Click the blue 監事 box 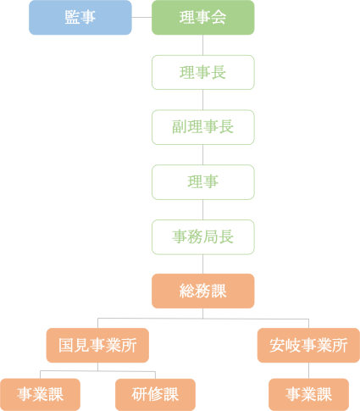click(80, 18)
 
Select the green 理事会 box click(203, 18)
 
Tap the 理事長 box click(203, 73)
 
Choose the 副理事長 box click(203, 127)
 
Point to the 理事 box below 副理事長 click(203, 182)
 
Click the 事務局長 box click(203, 237)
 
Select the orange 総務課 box click(203, 291)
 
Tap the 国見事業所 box click(97, 345)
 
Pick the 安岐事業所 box click(308, 345)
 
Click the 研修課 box click(155, 395)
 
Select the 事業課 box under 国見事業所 click(40, 395)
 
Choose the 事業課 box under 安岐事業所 click(308, 395)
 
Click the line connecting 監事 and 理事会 click(141, 18)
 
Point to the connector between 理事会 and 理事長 click(203, 45)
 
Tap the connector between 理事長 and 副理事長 click(203, 100)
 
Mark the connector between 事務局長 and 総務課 click(203, 264)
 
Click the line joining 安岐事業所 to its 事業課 click(308, 370)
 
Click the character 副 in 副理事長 click(180, 126)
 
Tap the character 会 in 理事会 click(219, 17)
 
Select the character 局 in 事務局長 click(211, 236)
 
